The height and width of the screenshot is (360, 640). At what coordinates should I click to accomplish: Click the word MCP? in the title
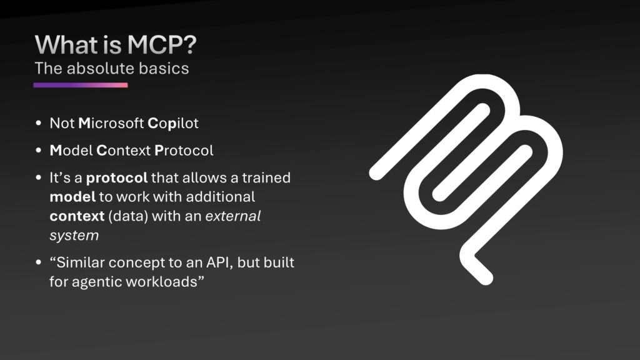(x=162, y=44)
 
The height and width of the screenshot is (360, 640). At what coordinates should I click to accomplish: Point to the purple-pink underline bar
(x=81, y=85)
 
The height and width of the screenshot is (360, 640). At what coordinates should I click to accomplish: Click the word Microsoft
(x=111, y=123)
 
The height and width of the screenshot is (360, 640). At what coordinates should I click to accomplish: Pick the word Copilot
(x=173, y=123)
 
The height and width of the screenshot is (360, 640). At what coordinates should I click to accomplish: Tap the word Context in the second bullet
(x=124, y=150)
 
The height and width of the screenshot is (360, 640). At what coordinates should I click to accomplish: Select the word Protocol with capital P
(x=184, y=150)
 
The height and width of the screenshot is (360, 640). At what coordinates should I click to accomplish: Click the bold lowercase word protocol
(x=117, y=178)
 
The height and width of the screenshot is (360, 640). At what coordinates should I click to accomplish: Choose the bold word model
(x=72, y=197)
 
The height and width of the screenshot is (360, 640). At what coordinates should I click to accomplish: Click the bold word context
(x=77, y=216)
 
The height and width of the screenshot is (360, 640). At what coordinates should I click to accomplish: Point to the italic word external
(x=232, y=216)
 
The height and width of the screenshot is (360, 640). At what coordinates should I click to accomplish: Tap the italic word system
(x=74, y=236)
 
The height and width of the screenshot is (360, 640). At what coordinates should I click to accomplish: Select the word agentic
(x=97, y=282)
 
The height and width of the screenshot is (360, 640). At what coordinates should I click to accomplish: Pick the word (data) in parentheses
(x=128, y=216)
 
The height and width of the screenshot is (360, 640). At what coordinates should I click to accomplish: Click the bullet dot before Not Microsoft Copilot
(x=39, y=123)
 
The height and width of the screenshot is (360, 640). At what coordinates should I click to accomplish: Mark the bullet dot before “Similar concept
(x=39, y=262)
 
